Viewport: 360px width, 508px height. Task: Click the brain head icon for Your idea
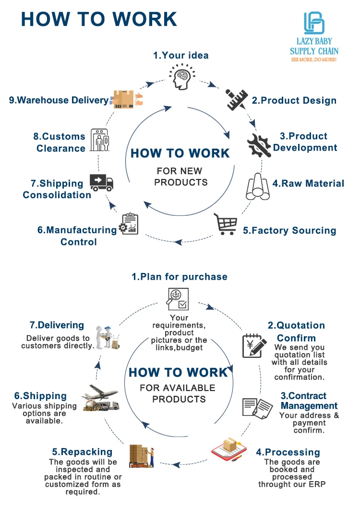180,77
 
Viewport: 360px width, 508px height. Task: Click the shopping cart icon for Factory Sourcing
226,224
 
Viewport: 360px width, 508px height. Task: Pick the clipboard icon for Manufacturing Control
128,224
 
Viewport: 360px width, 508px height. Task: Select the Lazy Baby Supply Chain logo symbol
314,23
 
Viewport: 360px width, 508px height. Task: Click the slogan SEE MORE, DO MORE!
314,59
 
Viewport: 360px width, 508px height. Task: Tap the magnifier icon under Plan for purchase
177,299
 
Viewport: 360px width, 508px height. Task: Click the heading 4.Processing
288,452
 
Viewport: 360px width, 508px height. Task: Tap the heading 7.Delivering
57,325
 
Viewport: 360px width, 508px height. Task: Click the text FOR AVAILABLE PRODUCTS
178,393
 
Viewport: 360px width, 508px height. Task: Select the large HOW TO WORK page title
99,19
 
